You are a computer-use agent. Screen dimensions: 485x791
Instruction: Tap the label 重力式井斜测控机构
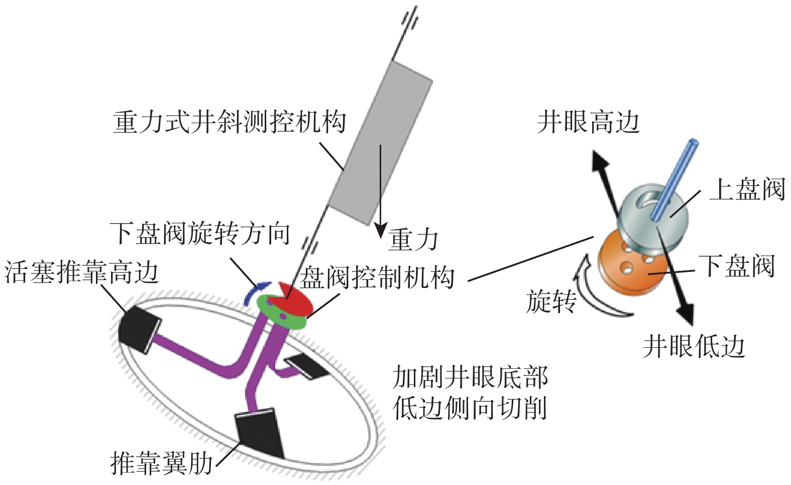230,122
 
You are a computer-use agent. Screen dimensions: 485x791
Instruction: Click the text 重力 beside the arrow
413,240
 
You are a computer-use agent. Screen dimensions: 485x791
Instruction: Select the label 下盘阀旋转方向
200,234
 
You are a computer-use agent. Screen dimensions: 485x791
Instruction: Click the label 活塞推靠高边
81,273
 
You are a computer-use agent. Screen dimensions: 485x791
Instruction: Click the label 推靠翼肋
162,463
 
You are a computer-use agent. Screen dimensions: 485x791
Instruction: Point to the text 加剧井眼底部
470,377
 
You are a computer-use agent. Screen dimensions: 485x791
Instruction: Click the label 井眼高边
588,122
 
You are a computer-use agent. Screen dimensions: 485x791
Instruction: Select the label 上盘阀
747,190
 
